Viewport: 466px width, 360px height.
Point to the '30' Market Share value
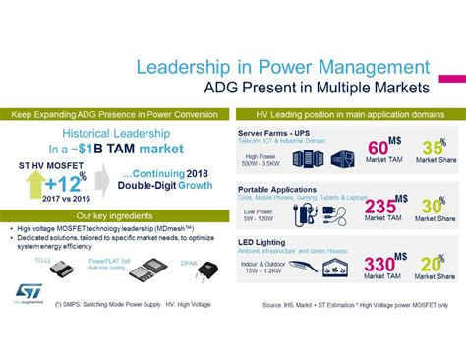pos(430,207)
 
